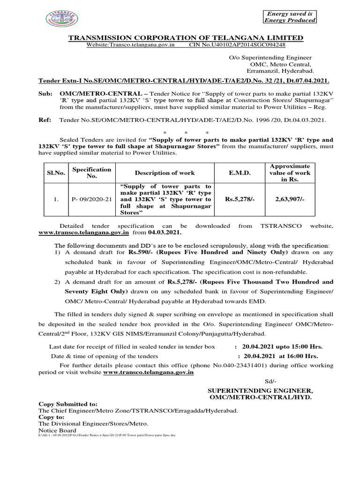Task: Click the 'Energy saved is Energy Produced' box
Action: pyautogui.click(x=289, y=17)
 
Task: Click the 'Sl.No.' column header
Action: pyautogui.click(x=56, y=173)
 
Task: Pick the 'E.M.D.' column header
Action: pyautogui.click(x=240, y=173)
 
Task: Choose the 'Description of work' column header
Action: pyautogui.click(x=165, y=173)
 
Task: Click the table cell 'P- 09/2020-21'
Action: pyautogui.click(x=91, y=199)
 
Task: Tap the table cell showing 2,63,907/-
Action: pyautogui.click(x=289, y=199)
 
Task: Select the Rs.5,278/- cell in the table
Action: pyautogui.click(x=240, y=199)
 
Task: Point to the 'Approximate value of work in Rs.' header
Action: pyautogui.click(x=289, y=173)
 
